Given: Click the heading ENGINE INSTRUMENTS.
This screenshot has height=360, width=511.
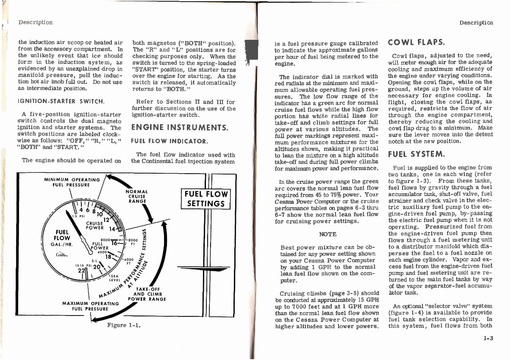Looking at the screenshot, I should [180, 127].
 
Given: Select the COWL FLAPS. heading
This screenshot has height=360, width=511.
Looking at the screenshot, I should [416, 42].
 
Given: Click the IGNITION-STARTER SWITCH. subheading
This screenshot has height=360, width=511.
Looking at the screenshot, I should [61, 102].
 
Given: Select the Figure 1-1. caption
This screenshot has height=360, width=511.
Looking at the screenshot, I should [124, 325].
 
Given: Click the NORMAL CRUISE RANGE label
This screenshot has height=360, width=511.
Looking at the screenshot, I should [136, 197].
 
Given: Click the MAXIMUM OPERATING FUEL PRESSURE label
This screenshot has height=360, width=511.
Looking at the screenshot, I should [91, 306].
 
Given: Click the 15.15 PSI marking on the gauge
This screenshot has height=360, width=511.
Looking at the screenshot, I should [81, 266].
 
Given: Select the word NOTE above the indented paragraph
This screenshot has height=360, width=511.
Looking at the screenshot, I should [328, 234].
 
